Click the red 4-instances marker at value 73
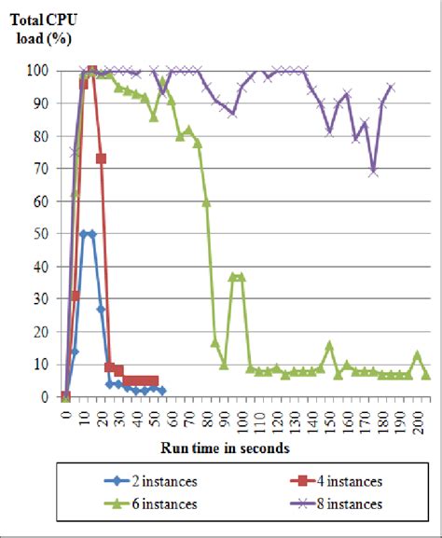pos(101,159)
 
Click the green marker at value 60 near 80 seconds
pos(206,201)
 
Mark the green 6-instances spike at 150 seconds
pos(329,345)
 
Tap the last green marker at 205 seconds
pos(426,375)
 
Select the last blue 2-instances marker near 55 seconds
pos(162,391)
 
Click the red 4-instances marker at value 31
pos(75,296)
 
